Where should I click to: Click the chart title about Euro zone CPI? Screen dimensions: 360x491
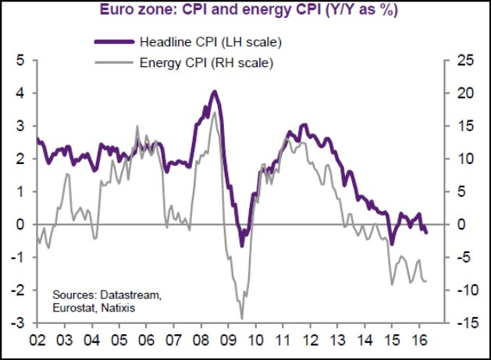pos(244,10)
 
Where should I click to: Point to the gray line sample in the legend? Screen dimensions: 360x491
pos(112,60)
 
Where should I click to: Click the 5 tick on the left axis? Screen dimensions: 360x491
pos(20,60)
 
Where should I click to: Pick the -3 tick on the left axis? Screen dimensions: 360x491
pos(19,323)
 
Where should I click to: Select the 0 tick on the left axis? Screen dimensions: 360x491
pos(20,224)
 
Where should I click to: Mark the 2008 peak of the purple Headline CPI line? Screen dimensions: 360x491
pos(214,92)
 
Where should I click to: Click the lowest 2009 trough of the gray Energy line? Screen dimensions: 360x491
pos(242,318)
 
